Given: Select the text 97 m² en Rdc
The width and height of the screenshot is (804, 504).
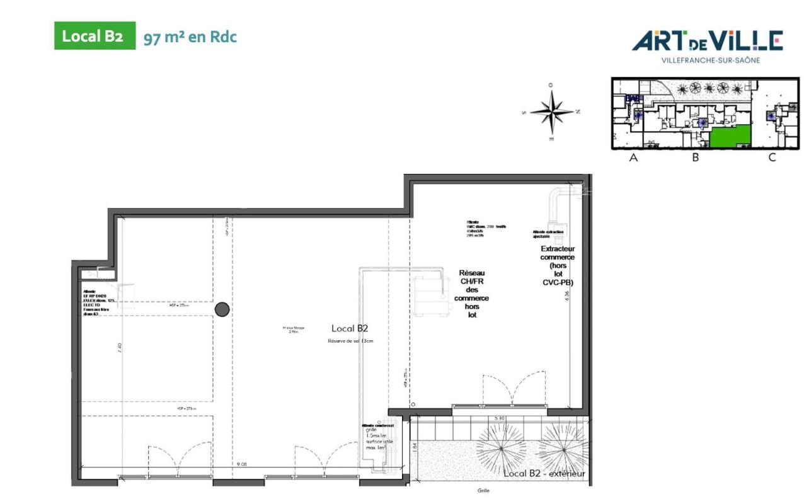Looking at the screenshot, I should (190, 37).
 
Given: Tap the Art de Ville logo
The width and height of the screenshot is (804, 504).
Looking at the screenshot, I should (708, 42).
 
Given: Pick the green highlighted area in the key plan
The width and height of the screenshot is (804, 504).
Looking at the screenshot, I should (731, 135).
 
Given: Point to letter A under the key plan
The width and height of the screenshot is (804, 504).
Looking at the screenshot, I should (634, 158).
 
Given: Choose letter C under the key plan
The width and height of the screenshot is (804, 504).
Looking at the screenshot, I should (772, 158).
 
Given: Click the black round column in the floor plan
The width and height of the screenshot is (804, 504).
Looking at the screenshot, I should (222, 309).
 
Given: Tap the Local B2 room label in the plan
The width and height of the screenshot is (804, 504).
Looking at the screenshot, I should (350, 328).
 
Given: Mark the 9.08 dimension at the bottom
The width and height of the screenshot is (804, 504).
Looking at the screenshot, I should (241, 464).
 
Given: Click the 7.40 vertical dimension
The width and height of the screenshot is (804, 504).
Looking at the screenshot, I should (120, 348).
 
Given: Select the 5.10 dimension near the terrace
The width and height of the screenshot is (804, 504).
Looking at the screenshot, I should (499, 418).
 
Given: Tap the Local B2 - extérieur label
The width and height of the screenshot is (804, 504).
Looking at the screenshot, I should (544, 473).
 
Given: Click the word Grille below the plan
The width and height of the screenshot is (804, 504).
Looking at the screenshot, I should (483, 491).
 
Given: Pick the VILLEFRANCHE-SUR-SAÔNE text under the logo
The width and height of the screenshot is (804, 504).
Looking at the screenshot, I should (710, 60).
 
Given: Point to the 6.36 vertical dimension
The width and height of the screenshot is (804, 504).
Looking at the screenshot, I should (568, 297).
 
